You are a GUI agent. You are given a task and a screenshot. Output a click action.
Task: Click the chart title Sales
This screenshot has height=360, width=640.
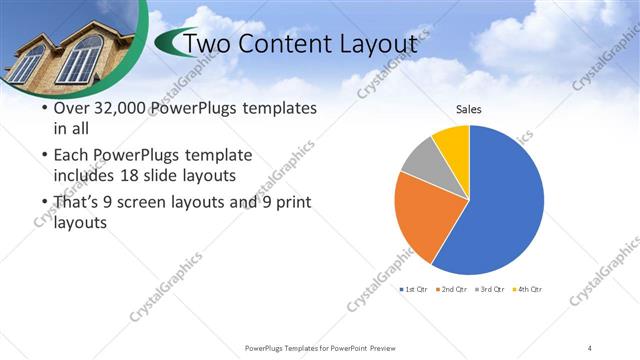[470, 110]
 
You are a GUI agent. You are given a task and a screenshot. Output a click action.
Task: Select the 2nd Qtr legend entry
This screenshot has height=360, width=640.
[451, 289]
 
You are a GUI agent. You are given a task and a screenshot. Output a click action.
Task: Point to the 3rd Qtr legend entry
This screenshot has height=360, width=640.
[490, 289]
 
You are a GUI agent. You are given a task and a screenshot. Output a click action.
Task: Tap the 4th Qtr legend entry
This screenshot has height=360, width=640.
[527, 289]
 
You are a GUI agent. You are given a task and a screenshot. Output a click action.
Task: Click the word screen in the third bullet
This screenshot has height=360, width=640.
[163, 203]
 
